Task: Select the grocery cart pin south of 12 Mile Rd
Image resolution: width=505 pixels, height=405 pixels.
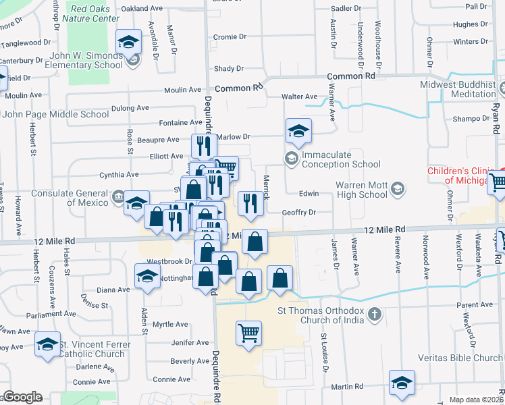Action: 248,334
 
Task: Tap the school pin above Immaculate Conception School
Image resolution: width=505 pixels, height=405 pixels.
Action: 298,132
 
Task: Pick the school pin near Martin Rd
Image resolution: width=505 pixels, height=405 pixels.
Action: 402,383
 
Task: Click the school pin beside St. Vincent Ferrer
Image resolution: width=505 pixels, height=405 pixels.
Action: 47,346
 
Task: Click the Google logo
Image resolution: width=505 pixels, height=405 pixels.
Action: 22,397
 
